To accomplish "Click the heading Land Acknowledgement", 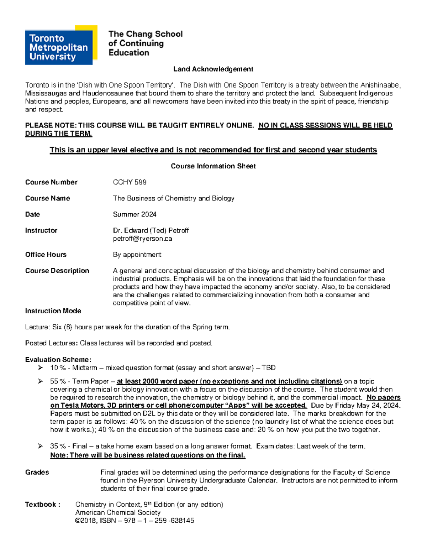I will point(213,69).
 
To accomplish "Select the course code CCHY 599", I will point(130,182).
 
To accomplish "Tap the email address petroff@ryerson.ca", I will point(142,239).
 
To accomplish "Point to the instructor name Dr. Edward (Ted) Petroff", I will point(151,230).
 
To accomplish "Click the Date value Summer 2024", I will point(135,214).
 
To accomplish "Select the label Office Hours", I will point(46,255).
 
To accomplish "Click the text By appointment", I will point(137,255).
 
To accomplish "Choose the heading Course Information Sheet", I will point(213,166).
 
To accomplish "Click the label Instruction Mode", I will point(53,311).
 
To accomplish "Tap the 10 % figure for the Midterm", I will point(58,368).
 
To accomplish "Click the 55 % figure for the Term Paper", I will point(58,381).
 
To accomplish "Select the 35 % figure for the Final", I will point(58,446).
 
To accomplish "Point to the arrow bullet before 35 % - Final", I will point(40,446).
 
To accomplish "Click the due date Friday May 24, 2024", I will point(368,406).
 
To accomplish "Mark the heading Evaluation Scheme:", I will point(58,360).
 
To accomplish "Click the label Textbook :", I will point(42,505).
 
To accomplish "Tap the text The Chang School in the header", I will point(145,34).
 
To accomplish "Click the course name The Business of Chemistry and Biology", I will point(174,198).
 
